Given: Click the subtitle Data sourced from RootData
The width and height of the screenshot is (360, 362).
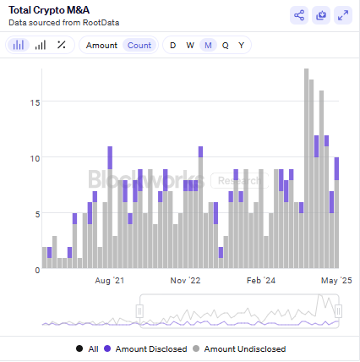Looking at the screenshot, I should click(x=56, y=23).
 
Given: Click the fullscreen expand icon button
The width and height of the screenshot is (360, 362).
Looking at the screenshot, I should click(x=343, y=14).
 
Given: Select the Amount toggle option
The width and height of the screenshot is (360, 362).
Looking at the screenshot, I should click(x=101, y=45).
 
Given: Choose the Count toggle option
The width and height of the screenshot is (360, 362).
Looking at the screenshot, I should click(x=139, y=45).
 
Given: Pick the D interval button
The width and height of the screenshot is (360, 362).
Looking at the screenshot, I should click(x=173, y=45).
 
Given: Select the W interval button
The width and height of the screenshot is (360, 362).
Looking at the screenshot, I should click(x=190, y=45).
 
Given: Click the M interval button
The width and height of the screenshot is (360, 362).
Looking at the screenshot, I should click(x=208, y=45).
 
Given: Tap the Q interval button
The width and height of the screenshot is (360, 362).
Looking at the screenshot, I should click(x=225, y=45).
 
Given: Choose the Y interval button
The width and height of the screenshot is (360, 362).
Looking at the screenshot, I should click(x=242, y=45).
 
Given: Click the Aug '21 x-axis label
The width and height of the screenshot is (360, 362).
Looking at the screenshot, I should click(x=110, y=280).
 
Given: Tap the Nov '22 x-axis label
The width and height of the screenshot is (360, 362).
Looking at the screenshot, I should click(x=185, y=280).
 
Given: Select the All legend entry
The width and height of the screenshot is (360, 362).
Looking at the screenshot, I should click(x=88, y=348).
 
